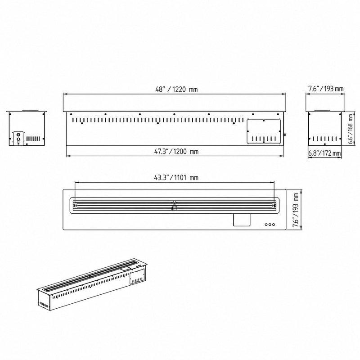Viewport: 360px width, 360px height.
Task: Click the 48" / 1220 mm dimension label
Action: point(176,89)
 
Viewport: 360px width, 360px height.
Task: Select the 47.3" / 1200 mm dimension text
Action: point(176,152)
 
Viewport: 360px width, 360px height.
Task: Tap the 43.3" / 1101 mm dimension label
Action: point(176,177)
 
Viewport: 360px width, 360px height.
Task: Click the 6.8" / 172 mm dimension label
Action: point(324,153)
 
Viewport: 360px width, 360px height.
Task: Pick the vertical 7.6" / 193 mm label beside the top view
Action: point(296,210)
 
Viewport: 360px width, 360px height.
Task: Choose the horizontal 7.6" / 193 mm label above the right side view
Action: point(326,89)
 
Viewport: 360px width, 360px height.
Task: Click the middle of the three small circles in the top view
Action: point(270,224)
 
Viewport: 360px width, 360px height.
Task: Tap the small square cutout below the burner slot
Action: point(242,220)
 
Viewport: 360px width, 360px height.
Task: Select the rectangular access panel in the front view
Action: point(264,131)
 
